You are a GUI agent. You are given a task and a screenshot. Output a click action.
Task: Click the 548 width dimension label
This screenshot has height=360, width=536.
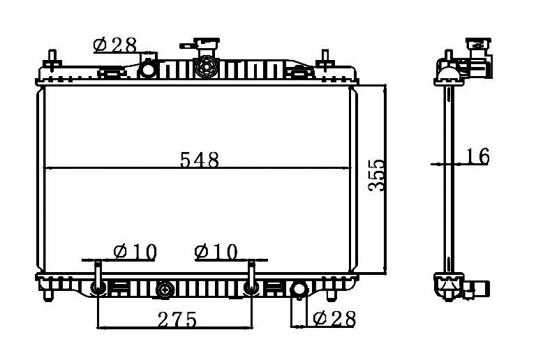[x=200, y=160]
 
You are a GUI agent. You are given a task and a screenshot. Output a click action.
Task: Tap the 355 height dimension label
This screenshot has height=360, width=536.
[x=377, y=175]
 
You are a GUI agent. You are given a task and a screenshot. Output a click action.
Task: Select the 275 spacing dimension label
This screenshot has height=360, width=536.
[x=177, y=320]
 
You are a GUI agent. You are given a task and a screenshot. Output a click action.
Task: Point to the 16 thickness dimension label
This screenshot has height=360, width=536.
[x=478, y=156]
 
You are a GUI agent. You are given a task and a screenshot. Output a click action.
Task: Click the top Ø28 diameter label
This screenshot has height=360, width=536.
[x=115, y=45]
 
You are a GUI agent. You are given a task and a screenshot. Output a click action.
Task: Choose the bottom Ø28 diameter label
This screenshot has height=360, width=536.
[x=334, y=319]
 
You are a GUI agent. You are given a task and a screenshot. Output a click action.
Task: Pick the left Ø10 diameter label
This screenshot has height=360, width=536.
[x=135, y=252]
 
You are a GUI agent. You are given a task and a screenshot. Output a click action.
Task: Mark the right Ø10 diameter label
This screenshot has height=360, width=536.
[x=216, y=252]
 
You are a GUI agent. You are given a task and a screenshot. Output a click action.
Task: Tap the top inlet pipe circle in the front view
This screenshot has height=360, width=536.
[x=148, y=69]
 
